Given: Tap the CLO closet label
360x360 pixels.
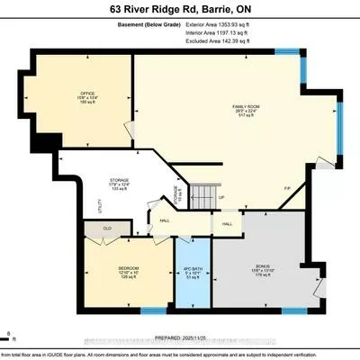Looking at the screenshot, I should (106, 229).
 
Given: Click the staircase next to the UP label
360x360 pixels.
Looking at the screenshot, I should (203, 192).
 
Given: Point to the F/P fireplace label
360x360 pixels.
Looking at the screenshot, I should (287, 188).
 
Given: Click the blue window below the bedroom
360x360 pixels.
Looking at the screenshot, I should (154, 310).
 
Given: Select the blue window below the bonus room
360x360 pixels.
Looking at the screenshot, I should (293, 310).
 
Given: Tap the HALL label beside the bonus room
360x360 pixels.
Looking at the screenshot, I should (228, 223).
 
